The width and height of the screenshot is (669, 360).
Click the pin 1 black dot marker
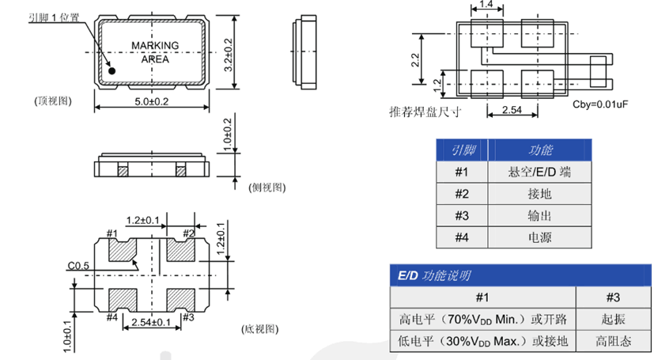tap(112, 70)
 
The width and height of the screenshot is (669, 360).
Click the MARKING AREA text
tap(154, 52)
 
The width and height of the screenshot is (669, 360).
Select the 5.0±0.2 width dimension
tap(153, 101)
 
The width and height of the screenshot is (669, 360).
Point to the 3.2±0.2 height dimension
tap(229, 55)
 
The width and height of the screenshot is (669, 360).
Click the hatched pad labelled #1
tap(121, 250)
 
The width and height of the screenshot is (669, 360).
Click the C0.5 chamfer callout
tap(77, 266)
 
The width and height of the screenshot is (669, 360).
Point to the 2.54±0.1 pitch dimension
tap(150, 322)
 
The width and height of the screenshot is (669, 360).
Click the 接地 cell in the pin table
tap(539, 194)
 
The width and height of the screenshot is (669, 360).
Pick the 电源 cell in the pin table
tap(539, 237)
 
